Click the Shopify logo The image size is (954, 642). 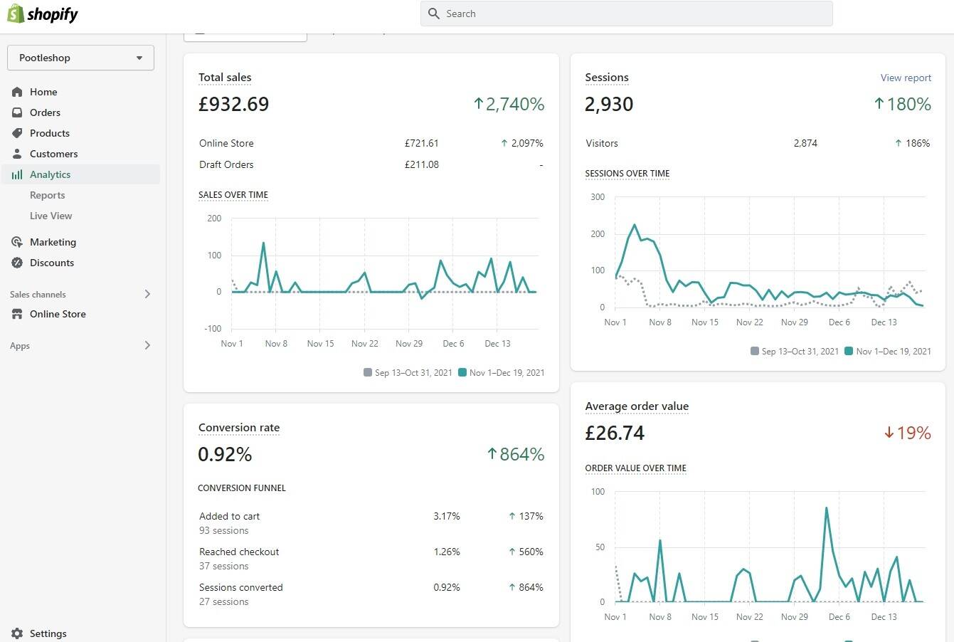(43, 14)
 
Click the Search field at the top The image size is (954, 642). (626, 14)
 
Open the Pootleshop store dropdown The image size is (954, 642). (80, 58)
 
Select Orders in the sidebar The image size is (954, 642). (45, 112)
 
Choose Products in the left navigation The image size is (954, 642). (49, 133)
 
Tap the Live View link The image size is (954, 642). (51, 216)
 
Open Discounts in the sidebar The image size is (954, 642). (51, 263)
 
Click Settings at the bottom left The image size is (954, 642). (48, 633)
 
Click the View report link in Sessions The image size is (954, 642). (906, 78)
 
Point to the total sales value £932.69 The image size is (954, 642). (233, 104)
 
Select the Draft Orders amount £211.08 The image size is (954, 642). (422, 164)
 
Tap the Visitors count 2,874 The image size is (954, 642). (805, 143)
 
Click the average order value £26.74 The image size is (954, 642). (615, 433)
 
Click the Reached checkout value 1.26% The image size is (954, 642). (447, 552)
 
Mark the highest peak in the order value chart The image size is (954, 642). (827, 507)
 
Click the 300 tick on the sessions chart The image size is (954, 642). (598, 197)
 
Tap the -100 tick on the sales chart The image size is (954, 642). (213, 328)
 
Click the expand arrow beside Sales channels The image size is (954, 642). (147, 294)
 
